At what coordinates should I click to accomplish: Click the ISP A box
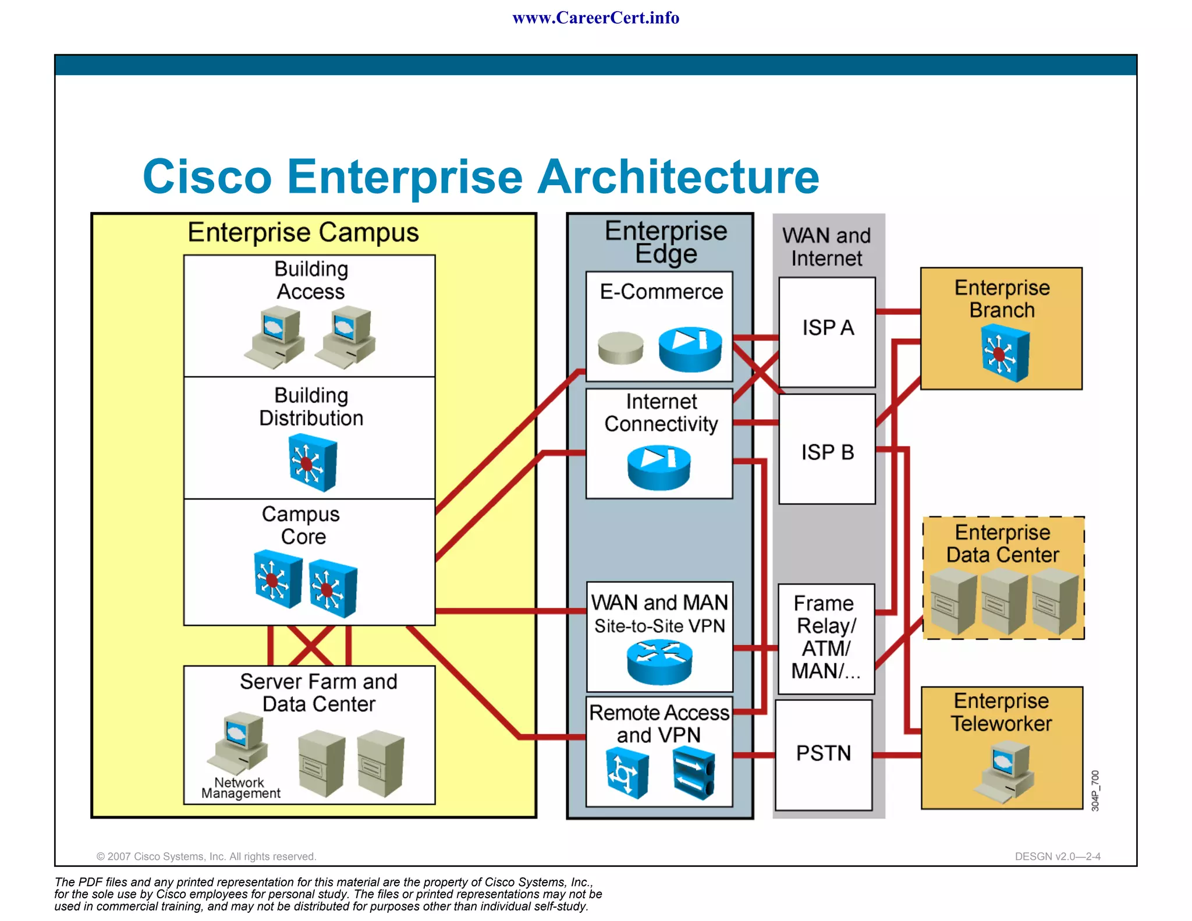[x=826, y=332]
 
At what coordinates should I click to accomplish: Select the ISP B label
[x=827, y=452]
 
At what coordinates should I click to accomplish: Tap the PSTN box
[x=824, y=754]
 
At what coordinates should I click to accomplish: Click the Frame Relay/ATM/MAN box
[x=826, y=638]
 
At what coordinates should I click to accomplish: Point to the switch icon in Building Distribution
[x=313, y=464]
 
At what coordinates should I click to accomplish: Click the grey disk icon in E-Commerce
[x=620, y=348]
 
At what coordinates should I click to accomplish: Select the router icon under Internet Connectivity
[x=659, y=467]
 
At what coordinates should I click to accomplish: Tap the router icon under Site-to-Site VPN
[x=659, y=662]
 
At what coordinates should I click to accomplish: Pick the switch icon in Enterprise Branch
[x=1005, y=353]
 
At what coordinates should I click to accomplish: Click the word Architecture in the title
[x=678, y=176]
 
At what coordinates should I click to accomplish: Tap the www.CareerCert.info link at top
[x=595, y=18]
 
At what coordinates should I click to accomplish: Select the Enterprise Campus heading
[x=303, y=232]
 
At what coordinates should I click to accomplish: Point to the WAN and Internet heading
[x=826, y=246]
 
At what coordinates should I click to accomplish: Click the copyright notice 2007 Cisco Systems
[x=206, y=856]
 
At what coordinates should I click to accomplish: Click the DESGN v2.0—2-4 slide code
[x=1057, y=856]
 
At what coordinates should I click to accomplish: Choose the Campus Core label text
[x=301, y=525]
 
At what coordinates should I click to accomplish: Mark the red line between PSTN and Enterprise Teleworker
[x=897, y=755]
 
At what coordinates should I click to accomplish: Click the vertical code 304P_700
[x=1095, y=790]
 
